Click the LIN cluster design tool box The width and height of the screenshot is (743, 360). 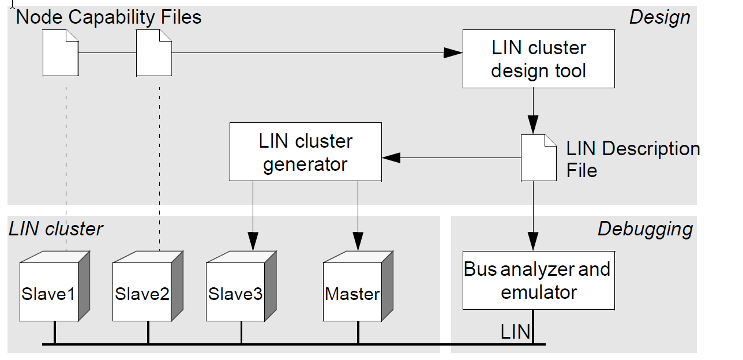pos(538,59)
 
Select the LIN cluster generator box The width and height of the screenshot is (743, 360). pos(305,152)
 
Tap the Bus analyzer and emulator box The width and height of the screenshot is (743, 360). pos(538,280)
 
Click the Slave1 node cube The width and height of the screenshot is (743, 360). pos(50,292)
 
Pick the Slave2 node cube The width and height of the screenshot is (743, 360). pos(142,292)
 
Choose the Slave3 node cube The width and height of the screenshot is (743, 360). pos(235,292)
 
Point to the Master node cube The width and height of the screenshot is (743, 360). pos(352,292)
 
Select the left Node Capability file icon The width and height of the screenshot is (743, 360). pos(61,53)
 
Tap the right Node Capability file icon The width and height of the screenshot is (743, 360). pos(153,53)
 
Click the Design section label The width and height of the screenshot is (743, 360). pos(659,17)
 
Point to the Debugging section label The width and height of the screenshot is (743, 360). pos(645,229)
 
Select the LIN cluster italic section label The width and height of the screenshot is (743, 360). pos(55,229)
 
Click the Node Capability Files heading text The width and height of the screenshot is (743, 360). pos(109,17)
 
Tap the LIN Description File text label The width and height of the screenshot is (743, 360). pos(632,159)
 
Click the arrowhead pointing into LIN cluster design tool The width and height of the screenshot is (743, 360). pos(453,53)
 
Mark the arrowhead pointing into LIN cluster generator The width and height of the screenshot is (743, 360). pos(391,157)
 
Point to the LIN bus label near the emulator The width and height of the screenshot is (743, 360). pos(515,332)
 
